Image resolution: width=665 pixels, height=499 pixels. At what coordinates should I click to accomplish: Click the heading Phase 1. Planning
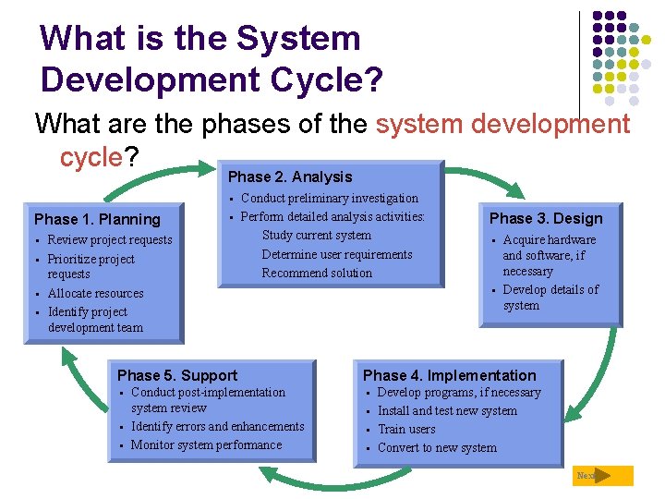click(97, 219)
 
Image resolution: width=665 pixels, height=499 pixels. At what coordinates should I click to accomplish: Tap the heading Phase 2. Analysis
click(290, 176)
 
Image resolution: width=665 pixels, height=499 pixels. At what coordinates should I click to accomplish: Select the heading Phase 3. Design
click(545, 219)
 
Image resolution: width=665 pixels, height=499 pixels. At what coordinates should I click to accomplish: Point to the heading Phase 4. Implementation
click(449, 375)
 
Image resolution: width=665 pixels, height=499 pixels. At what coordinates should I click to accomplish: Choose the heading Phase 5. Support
click(177, 375)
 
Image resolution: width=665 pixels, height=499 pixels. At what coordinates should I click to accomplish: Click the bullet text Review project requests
click(110, 240)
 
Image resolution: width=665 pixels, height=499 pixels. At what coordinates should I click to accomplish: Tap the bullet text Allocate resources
click(96, 294)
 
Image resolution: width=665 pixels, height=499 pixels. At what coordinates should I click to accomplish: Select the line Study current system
click(317, 236)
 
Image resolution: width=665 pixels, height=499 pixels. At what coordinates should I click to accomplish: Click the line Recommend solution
click(317, 273)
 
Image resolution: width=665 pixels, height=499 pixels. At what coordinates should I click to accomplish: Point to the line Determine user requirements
click(337, 254)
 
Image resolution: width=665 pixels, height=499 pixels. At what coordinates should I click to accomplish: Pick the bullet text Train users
click(406, 430)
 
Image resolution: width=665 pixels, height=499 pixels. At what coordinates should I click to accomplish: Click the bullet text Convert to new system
click(437, 448)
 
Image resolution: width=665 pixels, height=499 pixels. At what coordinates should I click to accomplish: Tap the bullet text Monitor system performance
click(207, 445)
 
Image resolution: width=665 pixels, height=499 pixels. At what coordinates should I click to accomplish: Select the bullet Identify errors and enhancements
click(218, 427)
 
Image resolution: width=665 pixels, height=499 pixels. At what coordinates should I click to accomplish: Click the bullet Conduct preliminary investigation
click(330, 198)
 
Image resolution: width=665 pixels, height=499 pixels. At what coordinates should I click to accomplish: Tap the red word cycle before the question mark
click(91, 157)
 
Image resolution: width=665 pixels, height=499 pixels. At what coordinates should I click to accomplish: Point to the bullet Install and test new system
click(447, 411)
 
